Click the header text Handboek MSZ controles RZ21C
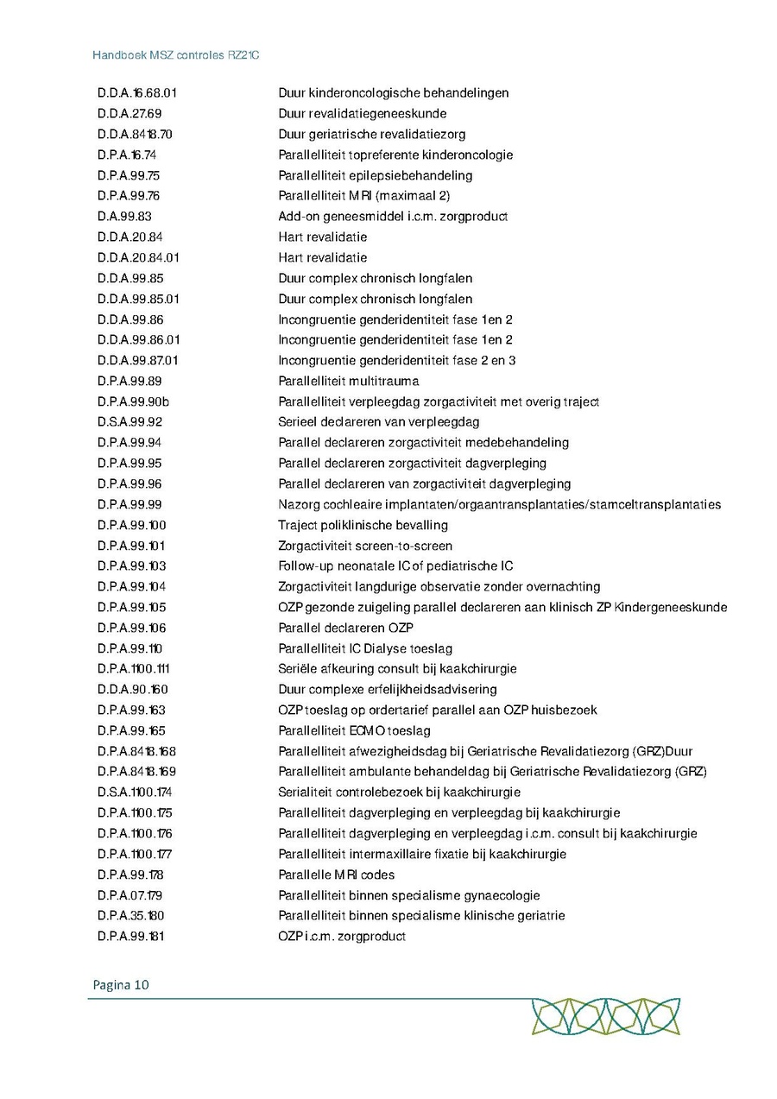176,54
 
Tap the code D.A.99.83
124,217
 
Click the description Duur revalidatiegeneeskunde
362,114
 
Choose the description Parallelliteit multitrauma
348,381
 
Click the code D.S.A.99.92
129,422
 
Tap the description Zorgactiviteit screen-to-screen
364,546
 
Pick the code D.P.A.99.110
129,648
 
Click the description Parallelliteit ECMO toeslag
354,730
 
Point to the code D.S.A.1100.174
135,793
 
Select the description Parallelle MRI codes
336,875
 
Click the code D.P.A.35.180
131,916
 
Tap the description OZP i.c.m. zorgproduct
341,937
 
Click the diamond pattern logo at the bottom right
605,1017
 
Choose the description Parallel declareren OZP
345,628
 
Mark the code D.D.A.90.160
133,690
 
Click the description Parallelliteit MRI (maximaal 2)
363,196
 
